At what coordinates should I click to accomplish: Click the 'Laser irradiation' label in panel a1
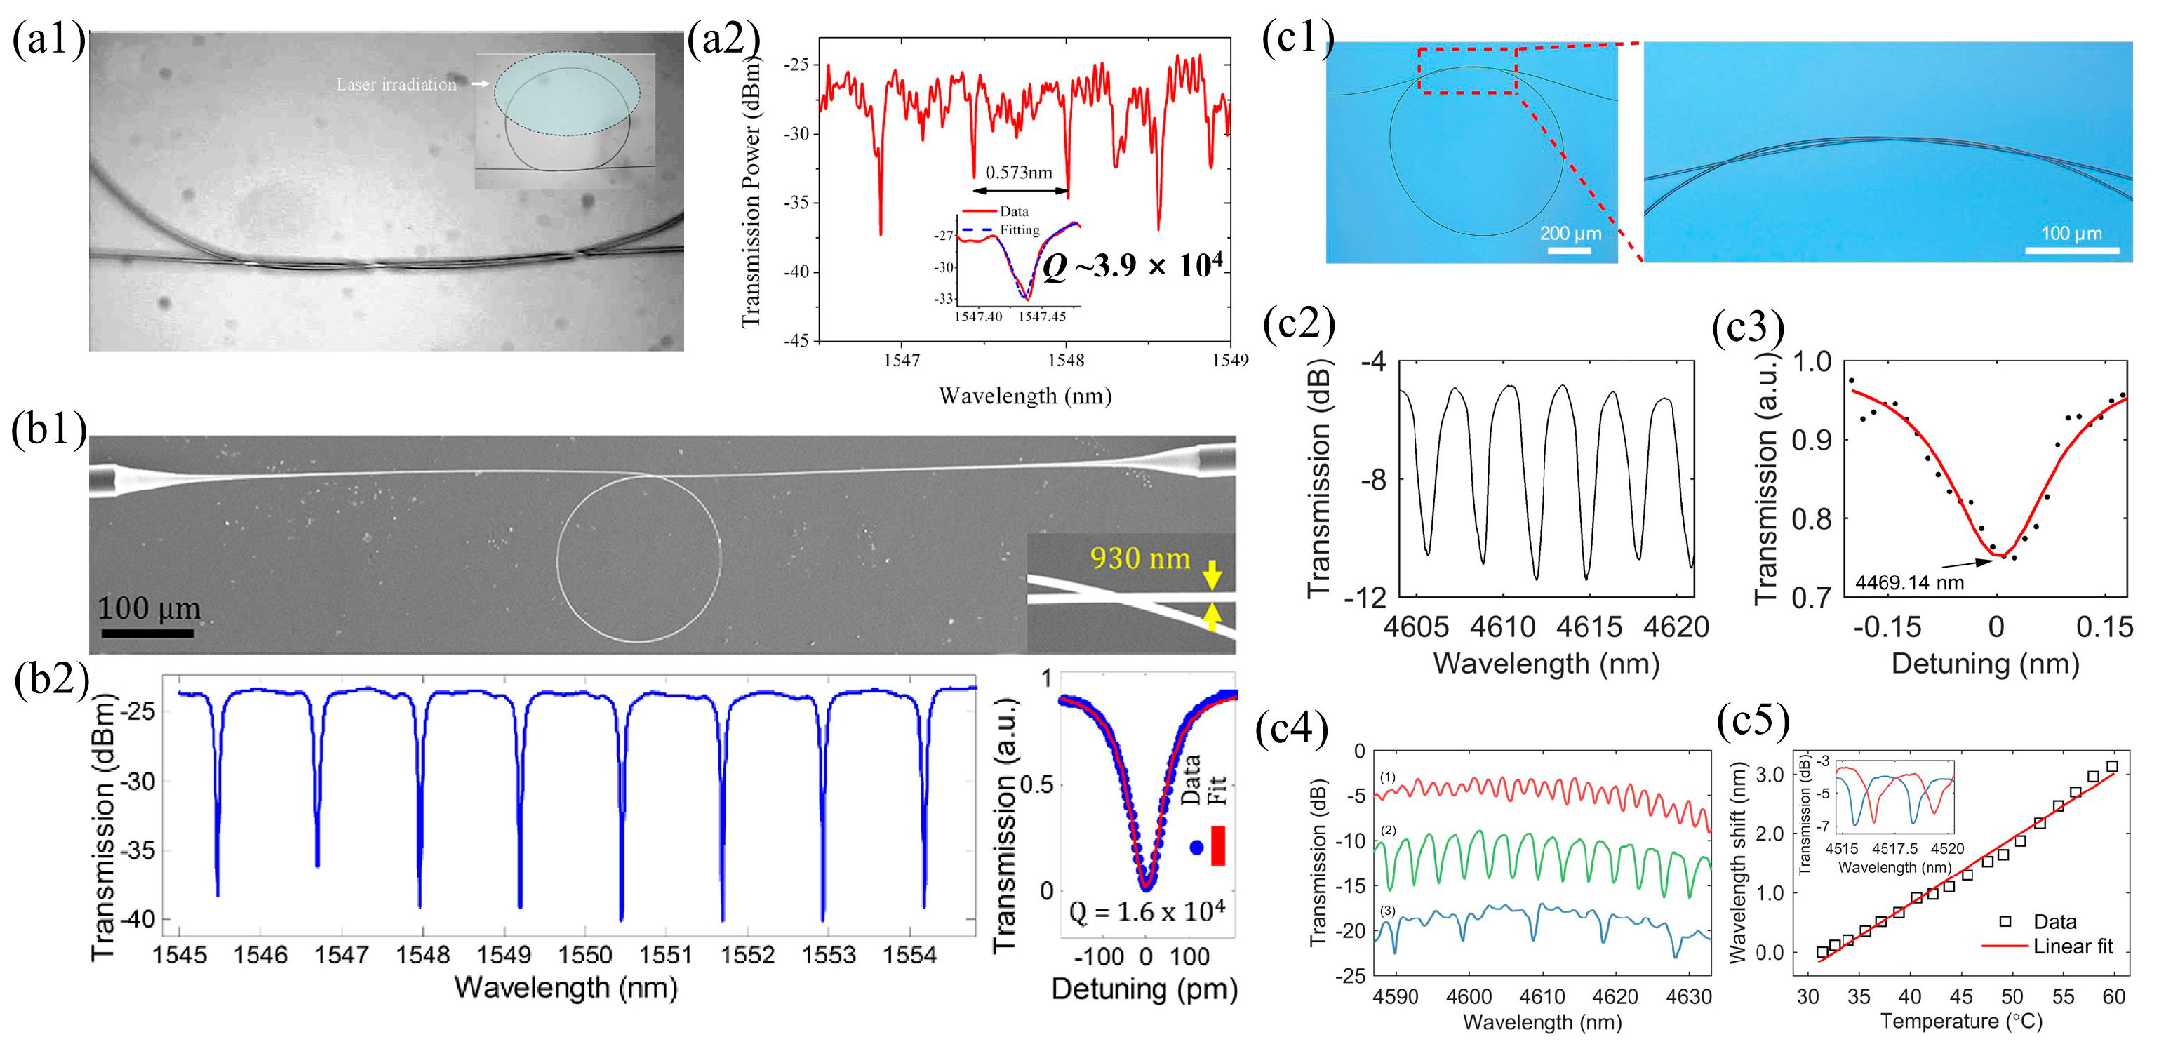tap(396, 85)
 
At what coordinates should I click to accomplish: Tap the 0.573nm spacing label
tap(1018, 173)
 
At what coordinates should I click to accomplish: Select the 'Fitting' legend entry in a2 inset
tap(1019, 229)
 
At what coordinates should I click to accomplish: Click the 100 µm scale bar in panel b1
tap(148, 633)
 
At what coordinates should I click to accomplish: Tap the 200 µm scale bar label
tap(1570, 234)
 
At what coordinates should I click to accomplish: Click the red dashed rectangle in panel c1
tap(1468, 70)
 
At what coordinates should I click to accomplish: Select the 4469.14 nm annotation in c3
tap(1909, 582)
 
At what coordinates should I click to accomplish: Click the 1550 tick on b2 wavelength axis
tap(585, 954)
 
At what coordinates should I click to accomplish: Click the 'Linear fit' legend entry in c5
tap(2073, 946)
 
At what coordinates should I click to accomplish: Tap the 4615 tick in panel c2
tap(1589, 627)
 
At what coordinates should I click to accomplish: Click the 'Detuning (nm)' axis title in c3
tap(1986, 664)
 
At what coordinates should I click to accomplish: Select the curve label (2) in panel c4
tap(1388, 830)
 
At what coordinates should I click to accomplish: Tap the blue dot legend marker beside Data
tap(1196, 848)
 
